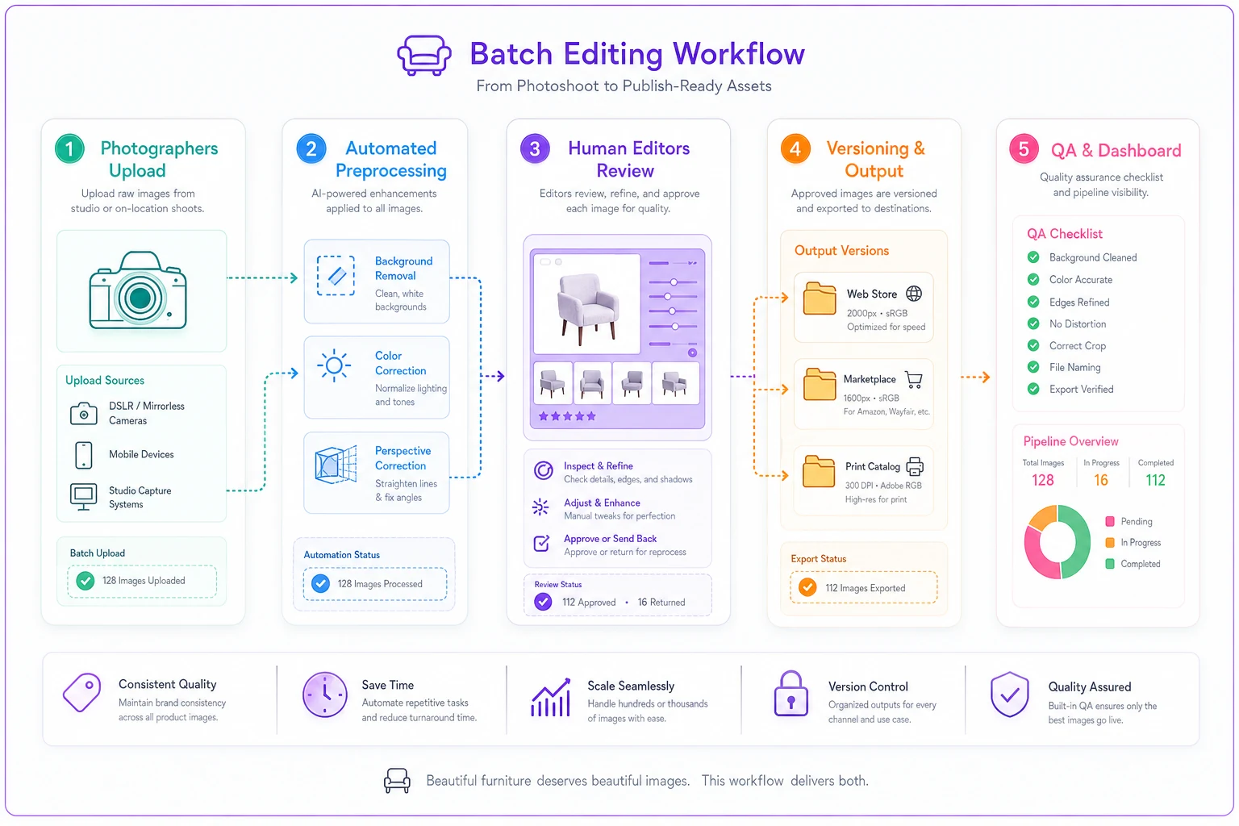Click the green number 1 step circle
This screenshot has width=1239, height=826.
point(69,148)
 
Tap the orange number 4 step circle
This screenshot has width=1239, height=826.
point(795,148)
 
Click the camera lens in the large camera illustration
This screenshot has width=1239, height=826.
point(140,298)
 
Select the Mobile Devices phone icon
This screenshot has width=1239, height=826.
point(84,455)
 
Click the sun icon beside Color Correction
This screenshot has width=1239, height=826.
point(334,365)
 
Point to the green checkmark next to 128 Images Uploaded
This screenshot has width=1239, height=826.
point(86,581)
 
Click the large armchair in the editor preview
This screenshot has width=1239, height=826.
point(587,306)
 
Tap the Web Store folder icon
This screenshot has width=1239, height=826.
point(820,298)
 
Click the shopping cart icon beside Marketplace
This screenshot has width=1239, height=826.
point(914,380)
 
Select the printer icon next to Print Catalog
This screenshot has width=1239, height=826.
point(915,466)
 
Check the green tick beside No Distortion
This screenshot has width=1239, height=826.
point(1033,323)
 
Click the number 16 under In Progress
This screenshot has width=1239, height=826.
point(1101,480)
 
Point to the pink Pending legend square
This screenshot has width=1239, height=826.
point(1110,521)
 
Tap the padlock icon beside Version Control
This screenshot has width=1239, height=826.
point(791,694)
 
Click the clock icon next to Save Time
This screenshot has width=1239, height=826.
point(325,695)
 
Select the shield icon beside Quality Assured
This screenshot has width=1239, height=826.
point(1009,695)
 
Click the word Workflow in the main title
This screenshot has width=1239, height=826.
point(739,54)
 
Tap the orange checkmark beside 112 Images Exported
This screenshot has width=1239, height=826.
point(807,587)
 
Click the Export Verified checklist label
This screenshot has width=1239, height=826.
point(1082,390)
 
